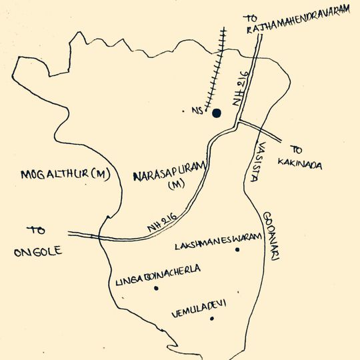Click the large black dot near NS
pos(216,113)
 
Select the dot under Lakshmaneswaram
pos(255,258)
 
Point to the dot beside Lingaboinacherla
pos(156,288)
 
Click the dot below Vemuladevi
pos(211,319)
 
